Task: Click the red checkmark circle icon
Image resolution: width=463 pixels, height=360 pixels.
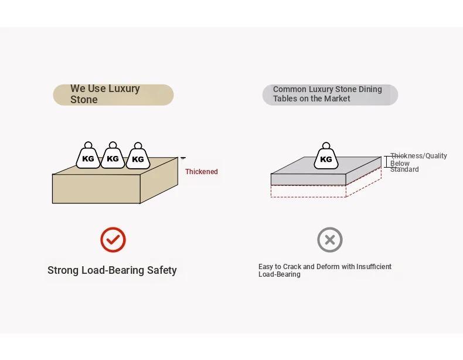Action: coord(113,239)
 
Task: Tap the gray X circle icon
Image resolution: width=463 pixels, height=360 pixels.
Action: coord(330,239)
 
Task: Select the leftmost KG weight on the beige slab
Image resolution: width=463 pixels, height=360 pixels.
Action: coord(88,157)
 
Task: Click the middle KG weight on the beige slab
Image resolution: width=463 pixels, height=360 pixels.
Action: coord(113,157)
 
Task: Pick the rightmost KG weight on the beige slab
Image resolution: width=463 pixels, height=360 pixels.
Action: coord(138,157)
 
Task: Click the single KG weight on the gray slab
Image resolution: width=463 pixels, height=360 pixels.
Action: coord(326,157)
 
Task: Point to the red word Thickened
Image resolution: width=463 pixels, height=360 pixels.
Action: coord(202,172)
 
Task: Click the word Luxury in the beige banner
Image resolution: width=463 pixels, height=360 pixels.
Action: coord(124,89)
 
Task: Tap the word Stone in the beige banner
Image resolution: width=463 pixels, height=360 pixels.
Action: coord(84,100)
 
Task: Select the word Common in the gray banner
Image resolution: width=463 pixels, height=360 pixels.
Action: coord(290,89)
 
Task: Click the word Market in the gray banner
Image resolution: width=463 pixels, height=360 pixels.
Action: coord(336,99)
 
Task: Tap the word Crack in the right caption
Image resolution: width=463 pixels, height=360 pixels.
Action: coord(294,267)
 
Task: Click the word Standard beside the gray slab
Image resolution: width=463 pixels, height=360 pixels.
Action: coord(404,169)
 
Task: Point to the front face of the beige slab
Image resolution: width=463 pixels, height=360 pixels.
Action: coord(96,189)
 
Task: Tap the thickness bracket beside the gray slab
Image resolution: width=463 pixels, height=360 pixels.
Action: coord(387,162)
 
